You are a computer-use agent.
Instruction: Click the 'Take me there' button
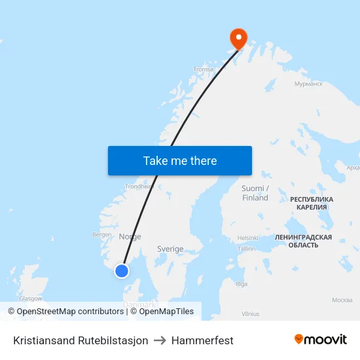(x=180, y=160)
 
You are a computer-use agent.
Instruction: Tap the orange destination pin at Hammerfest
(x=236, y=38)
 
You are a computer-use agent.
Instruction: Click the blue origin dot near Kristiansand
(x=122, y=270)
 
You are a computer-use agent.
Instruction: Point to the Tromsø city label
(x=204, y=69)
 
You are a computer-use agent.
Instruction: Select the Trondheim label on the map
(x=139, y=186)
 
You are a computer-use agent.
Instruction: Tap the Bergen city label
(x=102, y=234)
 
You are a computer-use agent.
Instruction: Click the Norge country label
(x=130, y=237)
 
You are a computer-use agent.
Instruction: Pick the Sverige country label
(x=170, y=249)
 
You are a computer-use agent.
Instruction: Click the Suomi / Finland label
(x=255, y=193)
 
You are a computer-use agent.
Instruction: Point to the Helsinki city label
(x=248, y=238)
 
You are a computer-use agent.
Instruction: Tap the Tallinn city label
(x=247, y=249)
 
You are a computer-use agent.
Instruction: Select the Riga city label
(x=242, y=284)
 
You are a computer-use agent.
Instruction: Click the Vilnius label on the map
(x=251, y=314)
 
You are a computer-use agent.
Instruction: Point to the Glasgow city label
(x=30, y=298)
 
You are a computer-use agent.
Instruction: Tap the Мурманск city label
(x=308, y=84)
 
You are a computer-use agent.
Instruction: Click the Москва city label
(x=342, y=300)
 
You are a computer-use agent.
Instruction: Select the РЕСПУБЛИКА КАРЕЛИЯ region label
(x=312, y=203)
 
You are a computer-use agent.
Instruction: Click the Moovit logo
(x=321, y=340)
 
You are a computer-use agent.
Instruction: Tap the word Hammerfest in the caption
(x=202, y=340)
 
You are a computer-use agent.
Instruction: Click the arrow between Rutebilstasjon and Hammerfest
(x=160, y=340)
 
